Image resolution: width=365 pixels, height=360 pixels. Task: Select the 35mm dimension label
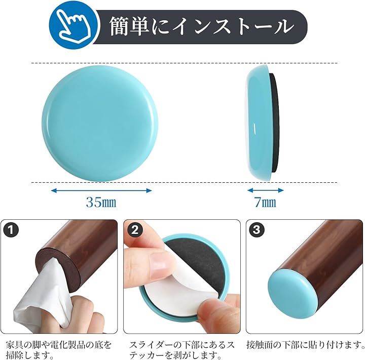point(101,203)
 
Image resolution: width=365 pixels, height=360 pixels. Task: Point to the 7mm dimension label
point(265,203)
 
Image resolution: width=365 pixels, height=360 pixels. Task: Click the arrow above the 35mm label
point(101,191)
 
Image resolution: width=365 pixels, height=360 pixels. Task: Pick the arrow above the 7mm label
point(265,190)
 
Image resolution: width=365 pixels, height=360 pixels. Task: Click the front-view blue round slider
point(100,124)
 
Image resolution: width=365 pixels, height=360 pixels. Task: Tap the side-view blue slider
point(259,123)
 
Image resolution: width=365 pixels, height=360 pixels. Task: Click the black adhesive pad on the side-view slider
point(275,123)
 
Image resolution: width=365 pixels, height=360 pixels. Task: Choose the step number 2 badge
point(135,230)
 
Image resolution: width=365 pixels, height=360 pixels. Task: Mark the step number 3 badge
point(257,230)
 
